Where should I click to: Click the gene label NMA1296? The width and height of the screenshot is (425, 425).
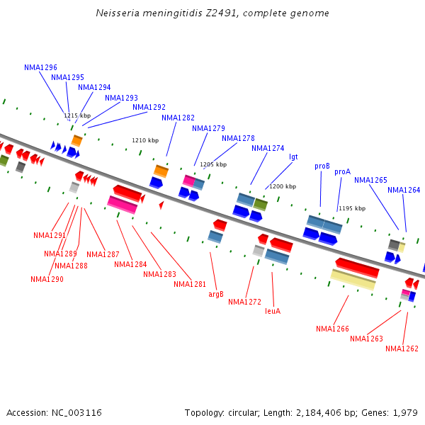(40, 67)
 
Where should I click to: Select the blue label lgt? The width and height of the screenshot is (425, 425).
(293, 157)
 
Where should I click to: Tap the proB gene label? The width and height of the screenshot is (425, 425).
(322, 166)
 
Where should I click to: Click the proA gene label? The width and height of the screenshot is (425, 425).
(342, 171)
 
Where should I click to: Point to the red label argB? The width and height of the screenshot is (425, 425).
(216, 293)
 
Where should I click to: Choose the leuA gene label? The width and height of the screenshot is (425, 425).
(273, 310)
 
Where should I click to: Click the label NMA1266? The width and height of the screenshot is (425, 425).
(332, 329)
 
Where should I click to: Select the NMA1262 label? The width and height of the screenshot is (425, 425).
(402, 348)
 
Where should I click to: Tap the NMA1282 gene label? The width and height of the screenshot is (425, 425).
(178, 118)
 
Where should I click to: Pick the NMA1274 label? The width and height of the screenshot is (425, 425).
(268, 148)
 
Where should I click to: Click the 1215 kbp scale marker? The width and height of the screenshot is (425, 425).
(77, 115)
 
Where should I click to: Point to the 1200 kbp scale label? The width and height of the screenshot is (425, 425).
(282, 186)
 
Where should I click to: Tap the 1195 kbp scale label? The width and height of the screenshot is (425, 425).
(351, 208)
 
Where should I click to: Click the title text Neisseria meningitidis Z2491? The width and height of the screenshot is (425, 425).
(212, 13)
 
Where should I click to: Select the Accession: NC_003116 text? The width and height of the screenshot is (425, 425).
(54, 412)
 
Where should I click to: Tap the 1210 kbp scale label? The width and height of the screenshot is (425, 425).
(145, 140)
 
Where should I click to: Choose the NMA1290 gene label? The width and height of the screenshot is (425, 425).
(47, 279)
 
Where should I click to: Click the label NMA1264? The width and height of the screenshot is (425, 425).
(404, 190)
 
